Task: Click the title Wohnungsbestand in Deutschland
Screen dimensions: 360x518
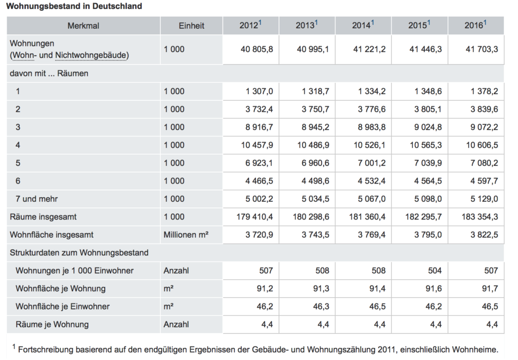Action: [74, 7]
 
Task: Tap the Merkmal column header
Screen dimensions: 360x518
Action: [83, 25]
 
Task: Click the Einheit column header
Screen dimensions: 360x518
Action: [192, 25]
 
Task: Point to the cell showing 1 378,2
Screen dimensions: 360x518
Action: [484, 91]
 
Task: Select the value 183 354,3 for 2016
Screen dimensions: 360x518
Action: [479, 217]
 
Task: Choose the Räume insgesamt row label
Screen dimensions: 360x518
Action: [43, 217]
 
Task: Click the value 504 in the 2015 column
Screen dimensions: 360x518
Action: [435, 271]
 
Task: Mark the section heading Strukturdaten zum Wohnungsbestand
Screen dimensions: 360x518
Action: [79, 252]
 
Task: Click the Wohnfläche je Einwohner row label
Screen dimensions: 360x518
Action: [62, 306]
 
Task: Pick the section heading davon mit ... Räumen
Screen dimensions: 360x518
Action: [49, 73]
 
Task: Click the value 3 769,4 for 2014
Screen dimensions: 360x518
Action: [371, 235]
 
